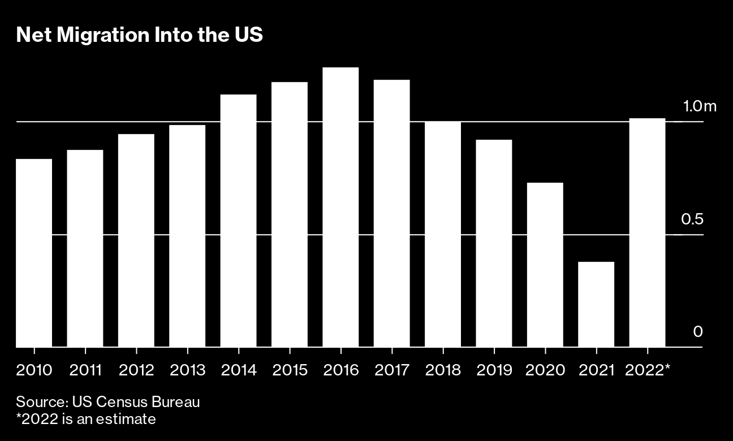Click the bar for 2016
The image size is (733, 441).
(x=340, y=207)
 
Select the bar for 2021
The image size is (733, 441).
(x=596, y=304)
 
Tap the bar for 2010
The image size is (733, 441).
(x=34, y=253)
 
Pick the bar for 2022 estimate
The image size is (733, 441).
(x=647, y=232)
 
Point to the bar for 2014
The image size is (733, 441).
(x=238, y=220)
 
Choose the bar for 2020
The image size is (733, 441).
(x=545, y=265)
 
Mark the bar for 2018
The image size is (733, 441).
(x=443, y=234)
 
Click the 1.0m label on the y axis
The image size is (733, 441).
(x=699, y=106)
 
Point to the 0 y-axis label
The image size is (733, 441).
(x=698, y=331)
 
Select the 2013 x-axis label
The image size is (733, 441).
(x=187, y=370)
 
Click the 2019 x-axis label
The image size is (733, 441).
(x=494, y=370)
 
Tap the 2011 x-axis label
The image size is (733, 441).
(x=85, y=370)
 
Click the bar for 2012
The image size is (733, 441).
(x=136, y=240)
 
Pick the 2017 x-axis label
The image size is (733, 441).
(x=392, y=370)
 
